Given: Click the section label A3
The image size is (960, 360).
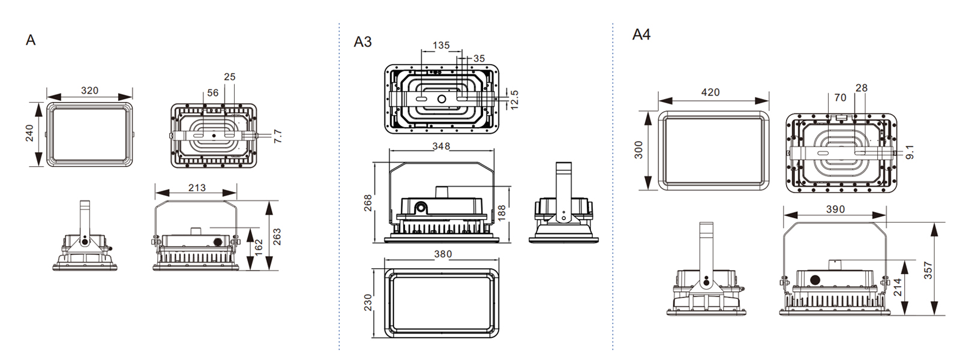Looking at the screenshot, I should (x=362, y=42).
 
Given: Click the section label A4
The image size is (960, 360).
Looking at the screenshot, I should (x=641, y=35).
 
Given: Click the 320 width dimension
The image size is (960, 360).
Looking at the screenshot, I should (x=89, y=91).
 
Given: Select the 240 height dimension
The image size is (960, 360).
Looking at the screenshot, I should (x=30, y=133).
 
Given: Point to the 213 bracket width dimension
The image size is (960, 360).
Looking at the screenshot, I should (x=196, y=188).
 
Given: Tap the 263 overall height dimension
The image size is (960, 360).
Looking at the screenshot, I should (x=277, y=236).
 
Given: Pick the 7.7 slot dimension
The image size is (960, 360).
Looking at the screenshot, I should (x=277, y=136).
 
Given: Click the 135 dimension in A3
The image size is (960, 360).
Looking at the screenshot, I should (x=441, y=46).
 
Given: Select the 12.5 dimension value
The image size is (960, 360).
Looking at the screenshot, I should (x=514, y=99).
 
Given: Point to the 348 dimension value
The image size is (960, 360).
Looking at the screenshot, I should (x=441, y=146).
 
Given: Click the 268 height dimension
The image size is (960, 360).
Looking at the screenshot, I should (x=368, y=203).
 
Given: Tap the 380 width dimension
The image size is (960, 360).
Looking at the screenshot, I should (x=443, y=254).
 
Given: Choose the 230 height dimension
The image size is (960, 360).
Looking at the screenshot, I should (x=368, y=302).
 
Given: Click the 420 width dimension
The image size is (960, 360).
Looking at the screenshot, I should (x=710, y=92).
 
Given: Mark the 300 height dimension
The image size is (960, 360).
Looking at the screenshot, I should (x=638, y=150).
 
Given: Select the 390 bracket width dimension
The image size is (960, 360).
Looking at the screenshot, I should (x=835, y=209).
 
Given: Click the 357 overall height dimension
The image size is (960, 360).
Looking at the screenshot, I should (x=928, y=270).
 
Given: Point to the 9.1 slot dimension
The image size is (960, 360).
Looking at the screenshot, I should (x=910, y=152).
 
